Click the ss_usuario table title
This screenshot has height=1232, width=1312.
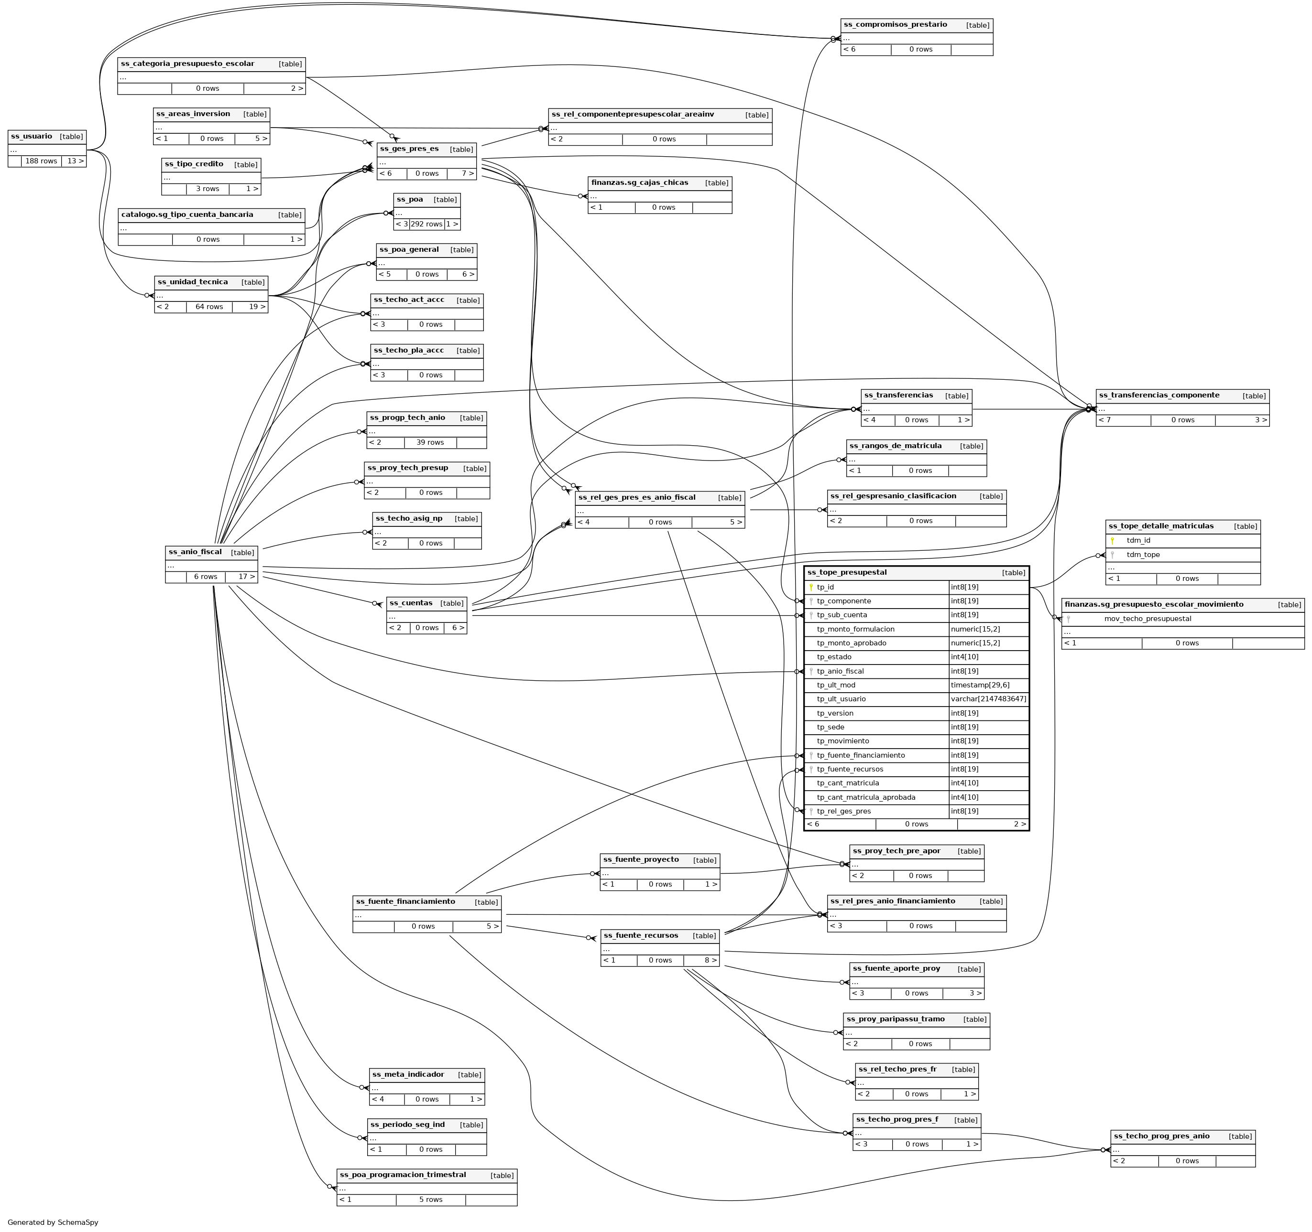click(32, 137)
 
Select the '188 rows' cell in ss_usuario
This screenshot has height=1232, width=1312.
click(41, 161)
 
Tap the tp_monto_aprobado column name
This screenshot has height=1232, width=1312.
click(852, 643)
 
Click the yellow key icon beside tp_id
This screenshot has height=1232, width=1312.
click(811, 587)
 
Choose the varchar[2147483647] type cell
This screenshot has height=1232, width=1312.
click(988, 699)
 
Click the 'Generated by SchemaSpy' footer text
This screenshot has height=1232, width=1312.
click(53, 1222)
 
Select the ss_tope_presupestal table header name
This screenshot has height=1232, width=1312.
click(847, 572)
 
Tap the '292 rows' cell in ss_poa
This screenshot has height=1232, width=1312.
click(426, 224)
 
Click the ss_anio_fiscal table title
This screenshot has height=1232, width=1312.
click(196, 552)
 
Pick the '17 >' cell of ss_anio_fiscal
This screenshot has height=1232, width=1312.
click(241, 577)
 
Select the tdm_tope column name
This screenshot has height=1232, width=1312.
click(1143, 555)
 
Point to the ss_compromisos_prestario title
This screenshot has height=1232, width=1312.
click(895, 25)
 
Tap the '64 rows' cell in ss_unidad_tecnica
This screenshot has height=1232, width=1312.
click(209, 307)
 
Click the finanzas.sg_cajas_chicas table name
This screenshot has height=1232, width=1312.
click(639, 182)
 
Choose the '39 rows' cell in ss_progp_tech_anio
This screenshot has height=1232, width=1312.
click(430, 442)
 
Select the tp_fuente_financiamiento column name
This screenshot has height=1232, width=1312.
click(861, 755)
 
